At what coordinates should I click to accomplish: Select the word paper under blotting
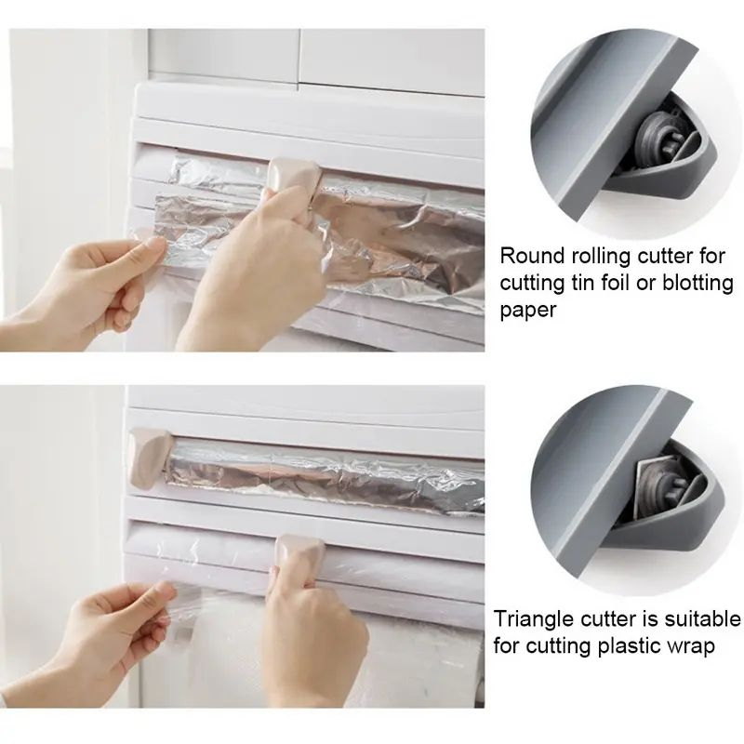click(x=528, y=310)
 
